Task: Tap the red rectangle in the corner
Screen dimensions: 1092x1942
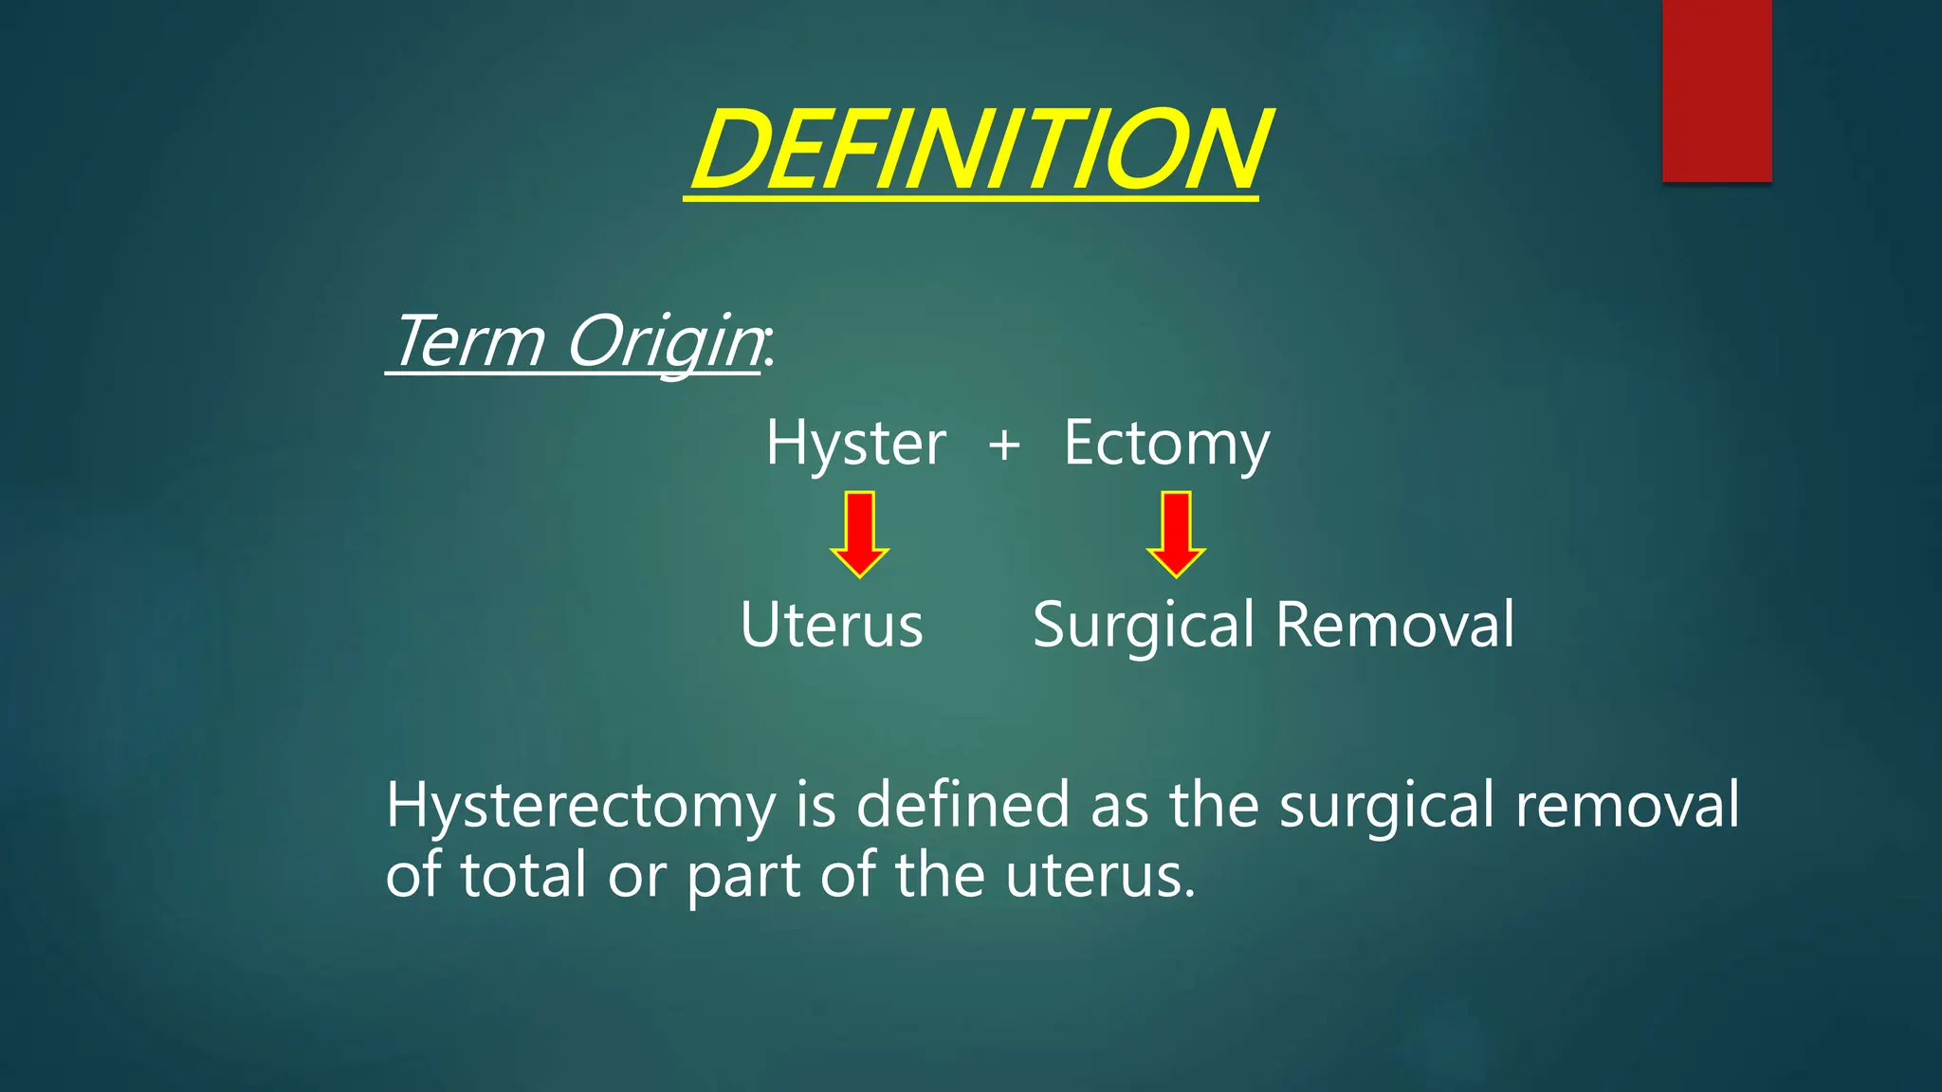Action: [1716, 90]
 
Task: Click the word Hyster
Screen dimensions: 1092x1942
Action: [855, 444]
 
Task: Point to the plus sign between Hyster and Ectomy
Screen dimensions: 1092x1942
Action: [1004, 445]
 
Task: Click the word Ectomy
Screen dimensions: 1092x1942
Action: [1165, 444]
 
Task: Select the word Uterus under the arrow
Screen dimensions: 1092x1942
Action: [832, 626]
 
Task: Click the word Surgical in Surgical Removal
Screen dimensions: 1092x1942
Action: [1144, 626]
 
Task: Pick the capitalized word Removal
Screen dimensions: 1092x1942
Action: [1395, 626]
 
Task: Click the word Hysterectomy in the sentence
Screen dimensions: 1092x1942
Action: [580, 806]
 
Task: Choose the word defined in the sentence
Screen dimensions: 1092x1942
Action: [962, 806]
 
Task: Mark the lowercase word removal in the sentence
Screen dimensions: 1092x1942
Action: [1626, 806]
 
